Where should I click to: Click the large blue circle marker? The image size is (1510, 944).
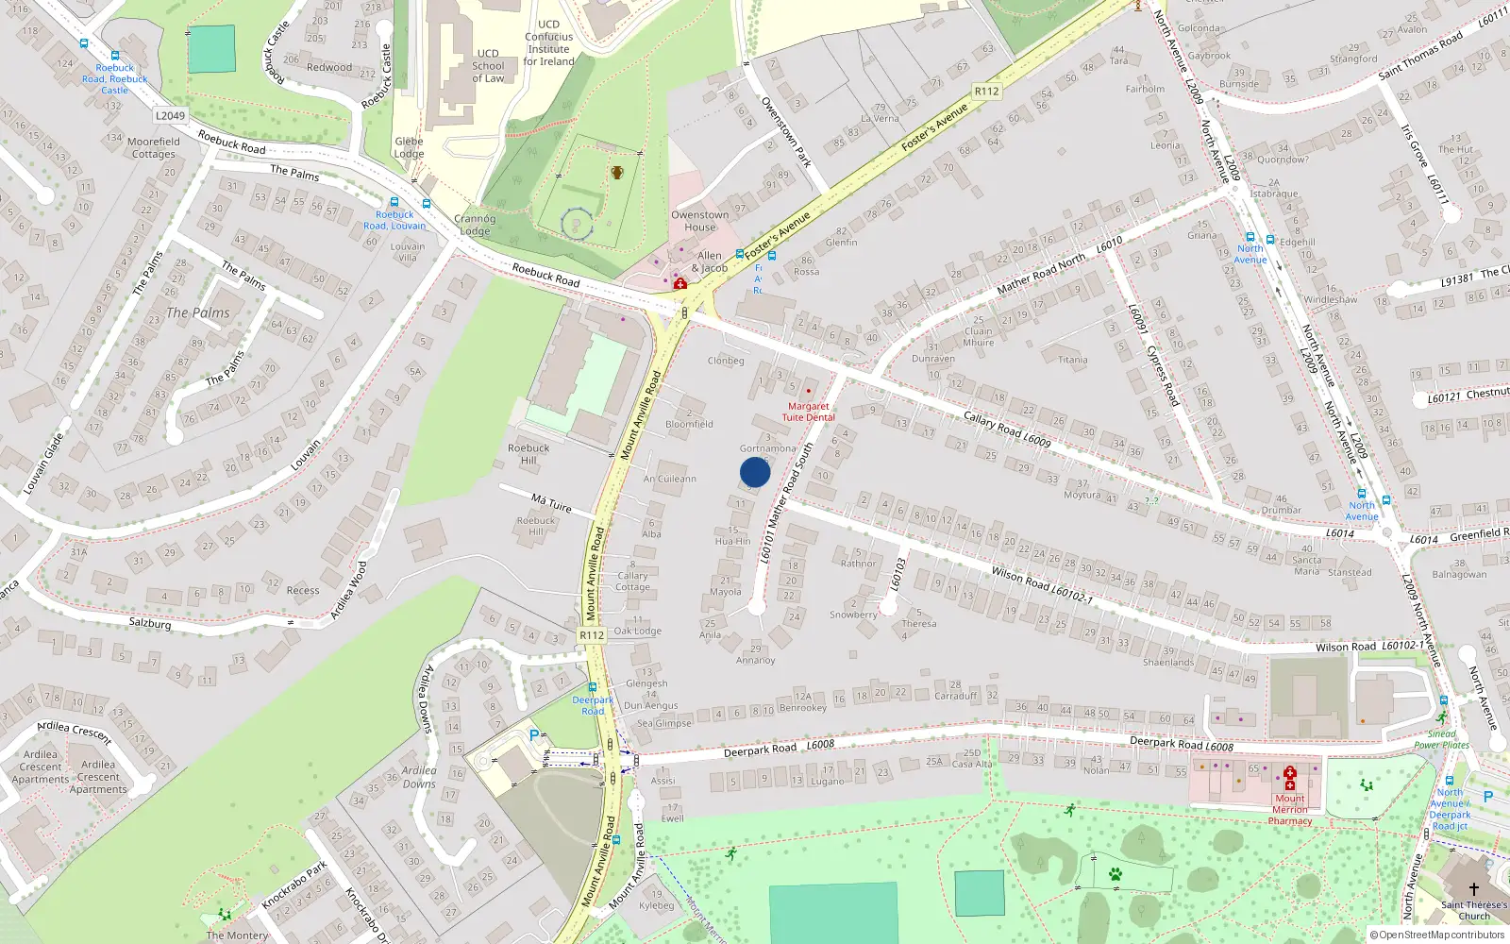click(x=755, y=472)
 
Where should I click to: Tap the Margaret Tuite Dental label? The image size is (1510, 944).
click(x=808, y=412)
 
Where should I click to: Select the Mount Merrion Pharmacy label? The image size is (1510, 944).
click(x=1290, y=809)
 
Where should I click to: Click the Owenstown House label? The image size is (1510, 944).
click(x=699, y=221)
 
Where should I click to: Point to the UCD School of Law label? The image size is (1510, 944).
click(x=488, y=66)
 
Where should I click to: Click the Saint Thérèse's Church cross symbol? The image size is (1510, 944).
click(x=1473, y=888)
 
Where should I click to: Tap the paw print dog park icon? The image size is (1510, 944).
click(x=1116, y=874)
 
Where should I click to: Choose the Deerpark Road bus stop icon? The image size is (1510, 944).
click(x=593, y=688)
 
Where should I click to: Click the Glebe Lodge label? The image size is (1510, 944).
click(x=409, y=147)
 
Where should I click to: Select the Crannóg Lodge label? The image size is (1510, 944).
click(x=474, y=225)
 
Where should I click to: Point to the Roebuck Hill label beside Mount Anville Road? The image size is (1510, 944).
click(x=528, y=454)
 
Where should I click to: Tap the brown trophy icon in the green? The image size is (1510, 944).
click(x=616, y=172)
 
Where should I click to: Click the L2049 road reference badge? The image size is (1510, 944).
click(x=170, y=116)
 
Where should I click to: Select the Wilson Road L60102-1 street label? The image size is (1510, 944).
click(x=1042, y=584)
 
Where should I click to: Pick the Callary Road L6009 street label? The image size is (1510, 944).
click(x=1006, y=429)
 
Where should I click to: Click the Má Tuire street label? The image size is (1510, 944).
click(x=551, y=502)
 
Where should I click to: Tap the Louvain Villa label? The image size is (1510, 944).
click(x=408, y=252)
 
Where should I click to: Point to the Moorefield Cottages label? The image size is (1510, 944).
click(x=154, y=147)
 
